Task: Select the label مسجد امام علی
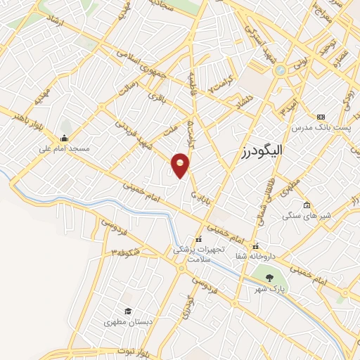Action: point(63,149)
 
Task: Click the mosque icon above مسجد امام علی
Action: point(64,138)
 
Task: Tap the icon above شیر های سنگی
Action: point(307,205)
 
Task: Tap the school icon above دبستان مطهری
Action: point(128,311)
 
